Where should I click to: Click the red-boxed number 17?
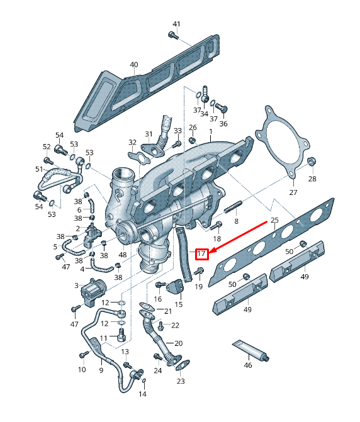201,254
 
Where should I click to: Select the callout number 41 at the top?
176,25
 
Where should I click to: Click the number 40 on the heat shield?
133,65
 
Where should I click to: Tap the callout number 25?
274,220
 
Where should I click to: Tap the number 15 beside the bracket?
178,304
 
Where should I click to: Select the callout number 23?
181,381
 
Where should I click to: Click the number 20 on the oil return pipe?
178,343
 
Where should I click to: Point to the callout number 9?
101,370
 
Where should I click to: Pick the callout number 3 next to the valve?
76,286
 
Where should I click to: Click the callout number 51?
39,169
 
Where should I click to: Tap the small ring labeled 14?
143,382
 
